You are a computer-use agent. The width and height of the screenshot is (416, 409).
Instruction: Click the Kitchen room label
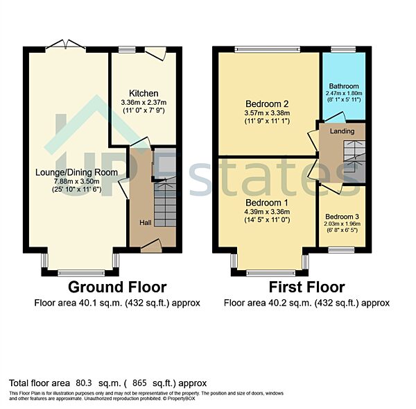pyautogui.click(x=144, y=94)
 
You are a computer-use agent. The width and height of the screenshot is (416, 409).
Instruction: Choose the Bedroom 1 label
pyautogui.click(x=266, y=203)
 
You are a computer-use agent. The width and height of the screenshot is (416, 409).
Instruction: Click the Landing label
pyautogui.click(x=342, y=131)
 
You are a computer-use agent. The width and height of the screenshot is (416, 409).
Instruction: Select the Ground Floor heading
pyautogui.click(x=116, y=287)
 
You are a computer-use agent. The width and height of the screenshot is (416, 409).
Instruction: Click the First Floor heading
pyautogui.click(x=306, y=287)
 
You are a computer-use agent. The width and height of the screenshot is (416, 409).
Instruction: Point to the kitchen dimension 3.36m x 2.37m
pyautogui.click(x=144, y=104)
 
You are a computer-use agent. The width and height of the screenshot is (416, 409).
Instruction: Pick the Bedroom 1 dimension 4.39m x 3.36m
pyautogui.click(x=266, y=212)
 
